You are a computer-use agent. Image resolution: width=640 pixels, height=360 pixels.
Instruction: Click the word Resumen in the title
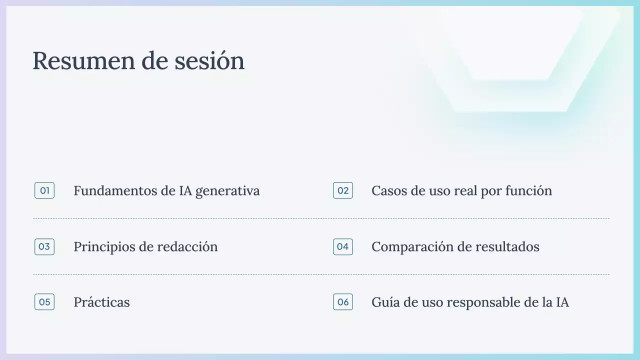pyautogui.click(x=79, y=61)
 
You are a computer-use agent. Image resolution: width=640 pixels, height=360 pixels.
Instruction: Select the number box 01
pyautogui.click(x=44, y=190)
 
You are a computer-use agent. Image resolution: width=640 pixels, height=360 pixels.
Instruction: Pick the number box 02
pyautogui.click(x=343, y=190)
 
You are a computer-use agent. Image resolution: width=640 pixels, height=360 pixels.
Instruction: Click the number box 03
pyautogui.click(x=44, y=246)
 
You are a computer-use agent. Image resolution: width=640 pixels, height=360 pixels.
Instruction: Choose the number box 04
pyautogui.click(x=343, y=246)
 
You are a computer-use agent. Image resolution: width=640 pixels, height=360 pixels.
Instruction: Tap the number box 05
pyautogui.click(x=44, y=302)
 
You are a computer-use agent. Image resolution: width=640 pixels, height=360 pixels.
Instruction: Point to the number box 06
pyautogui.click(x=343, y=302)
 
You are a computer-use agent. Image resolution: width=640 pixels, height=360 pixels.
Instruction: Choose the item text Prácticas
pyautogui.click(x=101, y=302)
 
